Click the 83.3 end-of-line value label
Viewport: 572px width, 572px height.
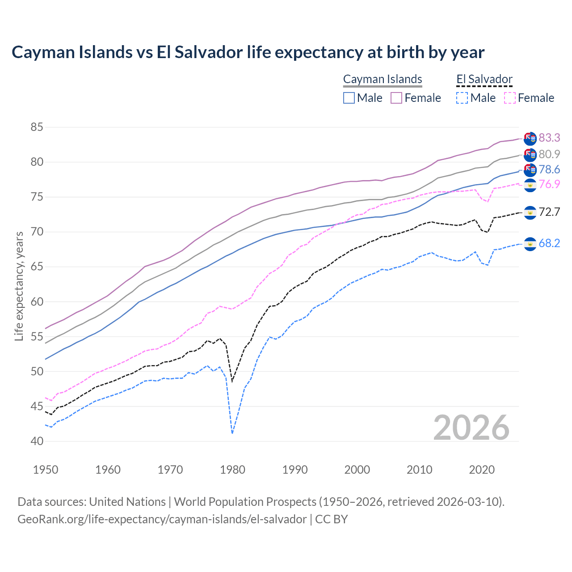(x=549, y=138)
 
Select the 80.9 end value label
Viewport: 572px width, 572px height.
(x=549, y=154)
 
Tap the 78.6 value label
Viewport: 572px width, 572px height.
(x=549, y=169)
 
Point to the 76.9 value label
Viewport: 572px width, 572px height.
(x=549, y=184)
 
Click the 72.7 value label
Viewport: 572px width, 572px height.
(x=549, y=212)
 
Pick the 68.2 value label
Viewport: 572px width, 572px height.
(x=549, y=243)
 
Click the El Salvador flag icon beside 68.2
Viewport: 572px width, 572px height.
(x=530, y=244)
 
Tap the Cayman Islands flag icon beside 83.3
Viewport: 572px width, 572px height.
(x=530, y=139)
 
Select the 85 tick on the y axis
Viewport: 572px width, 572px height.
(x=37, y=127)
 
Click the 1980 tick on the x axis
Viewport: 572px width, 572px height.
(x=232, y=470)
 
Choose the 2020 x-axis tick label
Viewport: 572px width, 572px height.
(x=482, y=470)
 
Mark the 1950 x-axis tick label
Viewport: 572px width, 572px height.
(x=46, y=470)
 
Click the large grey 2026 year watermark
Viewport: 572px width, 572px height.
(x=471, y=428)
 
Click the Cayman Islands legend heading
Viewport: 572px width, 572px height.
(x=383, y=79)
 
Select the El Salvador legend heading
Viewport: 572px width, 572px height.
(x=484, y=79)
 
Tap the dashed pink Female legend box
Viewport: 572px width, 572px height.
(x=510, y=98)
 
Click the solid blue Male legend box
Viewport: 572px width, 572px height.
(x=349, y=98)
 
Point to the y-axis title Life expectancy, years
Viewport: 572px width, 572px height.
(x=19, y=286)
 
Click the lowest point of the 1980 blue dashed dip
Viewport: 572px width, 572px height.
(x=232, y=433)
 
